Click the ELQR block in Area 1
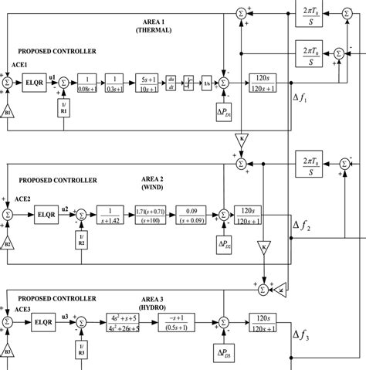click(36, 81)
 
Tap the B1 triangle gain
click(8, 111)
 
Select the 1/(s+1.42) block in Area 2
click(112, 214)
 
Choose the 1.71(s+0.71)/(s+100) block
click(152, 214)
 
